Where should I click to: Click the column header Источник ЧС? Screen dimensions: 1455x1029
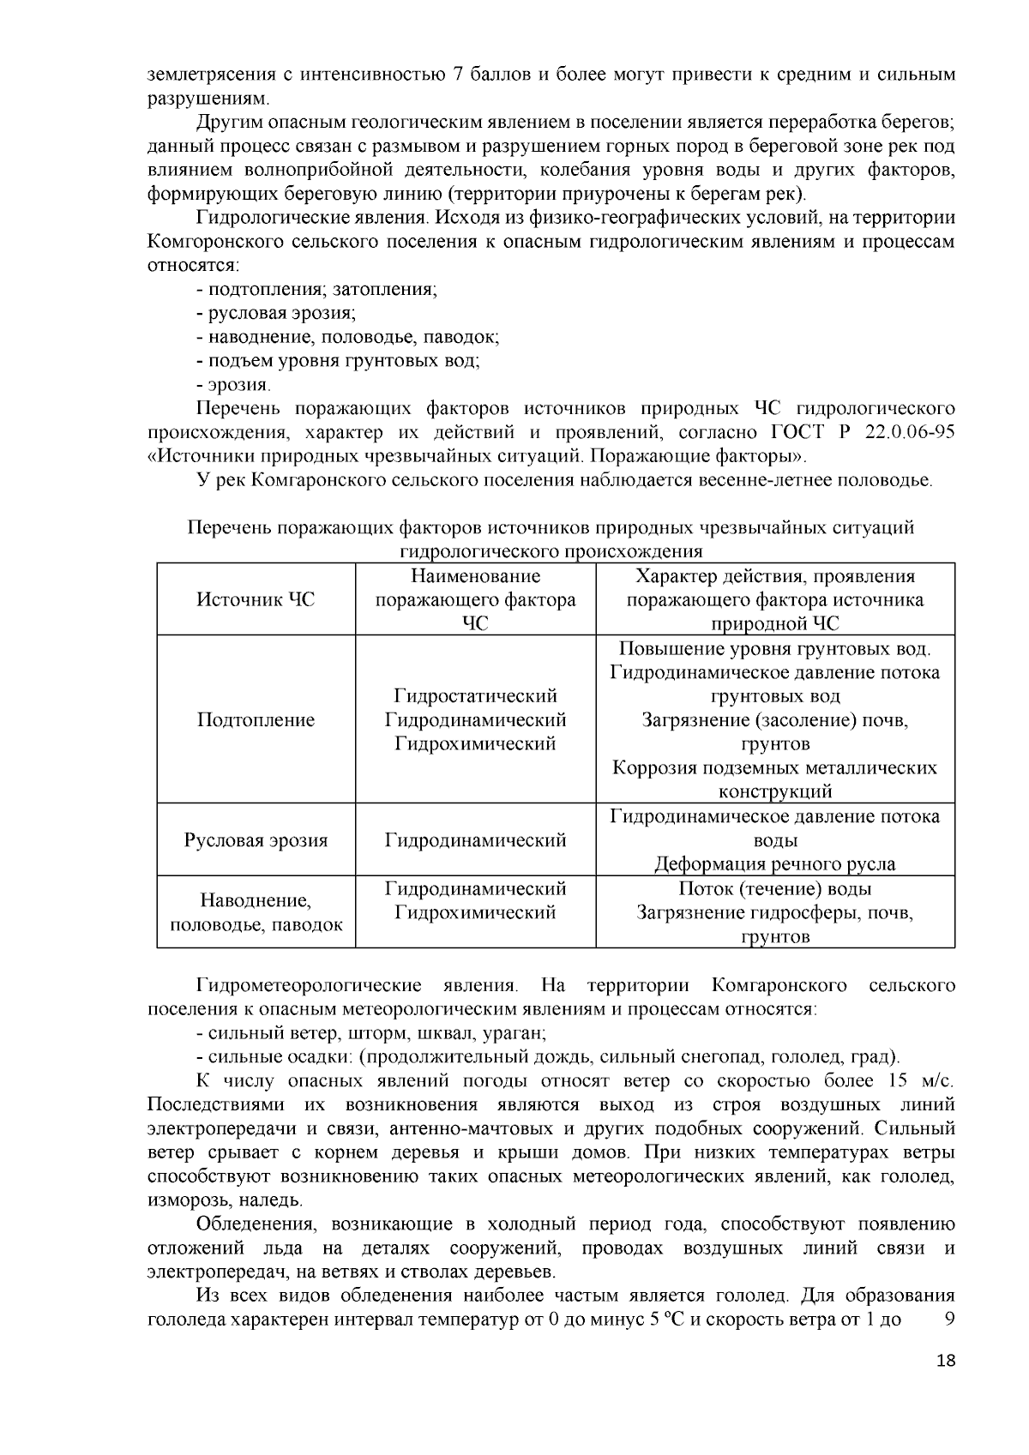(x=256, y=599)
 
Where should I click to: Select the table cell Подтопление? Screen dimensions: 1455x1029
(x=256, y=719)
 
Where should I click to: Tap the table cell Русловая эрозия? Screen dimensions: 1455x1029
(x=256, y=839)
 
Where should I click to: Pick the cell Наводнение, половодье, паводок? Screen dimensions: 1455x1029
(x=256, y=912)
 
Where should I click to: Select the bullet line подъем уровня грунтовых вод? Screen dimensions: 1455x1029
(x=338, y=361)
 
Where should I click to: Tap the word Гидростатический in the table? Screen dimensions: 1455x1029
(x=475, y=695)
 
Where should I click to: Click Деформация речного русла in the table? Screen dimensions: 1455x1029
(x=774, y=863)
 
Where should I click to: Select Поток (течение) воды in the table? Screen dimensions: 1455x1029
(x=774, y=888)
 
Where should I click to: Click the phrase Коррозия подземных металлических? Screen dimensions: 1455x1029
(x=774, y=767)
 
